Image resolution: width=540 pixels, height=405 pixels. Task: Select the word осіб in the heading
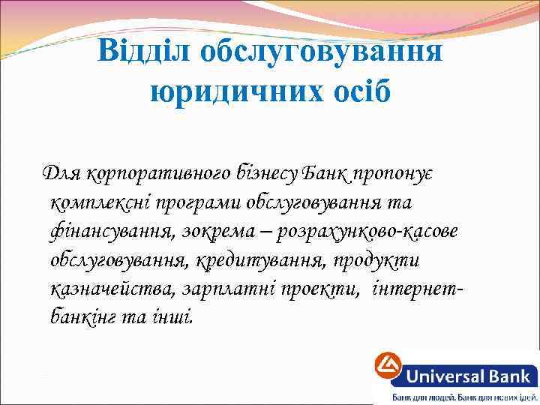[x=354, y=93]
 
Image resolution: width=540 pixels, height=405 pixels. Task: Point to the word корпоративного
[x=147, y=174]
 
